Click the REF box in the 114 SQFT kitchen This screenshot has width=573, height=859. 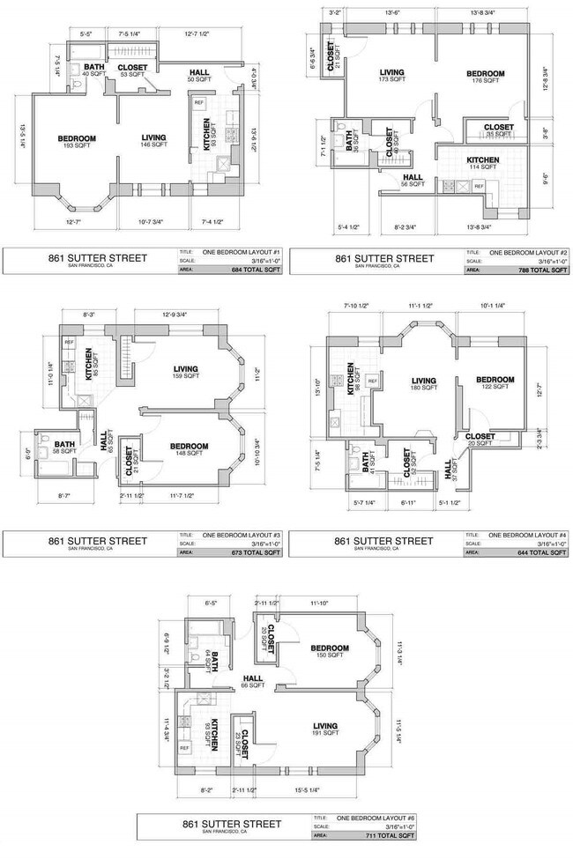(479, 187)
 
